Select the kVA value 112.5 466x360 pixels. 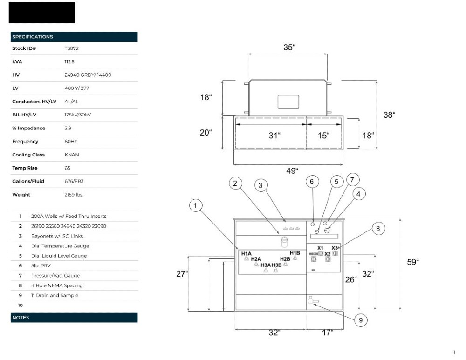(x=69, y=61)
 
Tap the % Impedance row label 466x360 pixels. (x=28, y=128)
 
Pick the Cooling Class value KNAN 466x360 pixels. (x=72, y=155)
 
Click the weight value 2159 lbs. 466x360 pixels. (x=74, y=195)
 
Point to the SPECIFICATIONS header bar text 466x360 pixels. (x=33, y=37)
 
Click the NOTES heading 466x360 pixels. (x=21, y=318)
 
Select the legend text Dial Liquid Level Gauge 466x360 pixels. (x=59, y=256)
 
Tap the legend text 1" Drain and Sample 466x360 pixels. (x=55, y=295)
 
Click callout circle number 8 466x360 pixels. (x=378, y=228)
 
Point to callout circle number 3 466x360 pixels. (x=261, y=185)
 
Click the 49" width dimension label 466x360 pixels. (x=291, y=171)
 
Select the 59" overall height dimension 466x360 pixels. (x=413, y=262)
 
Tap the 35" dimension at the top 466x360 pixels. (x=289, y=47)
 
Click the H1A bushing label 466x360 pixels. (x=246, y=253)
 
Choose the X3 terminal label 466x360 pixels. (x=335, y=248)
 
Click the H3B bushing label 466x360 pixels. (x=277, y=265)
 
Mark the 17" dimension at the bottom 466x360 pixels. (x=328, y=333)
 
